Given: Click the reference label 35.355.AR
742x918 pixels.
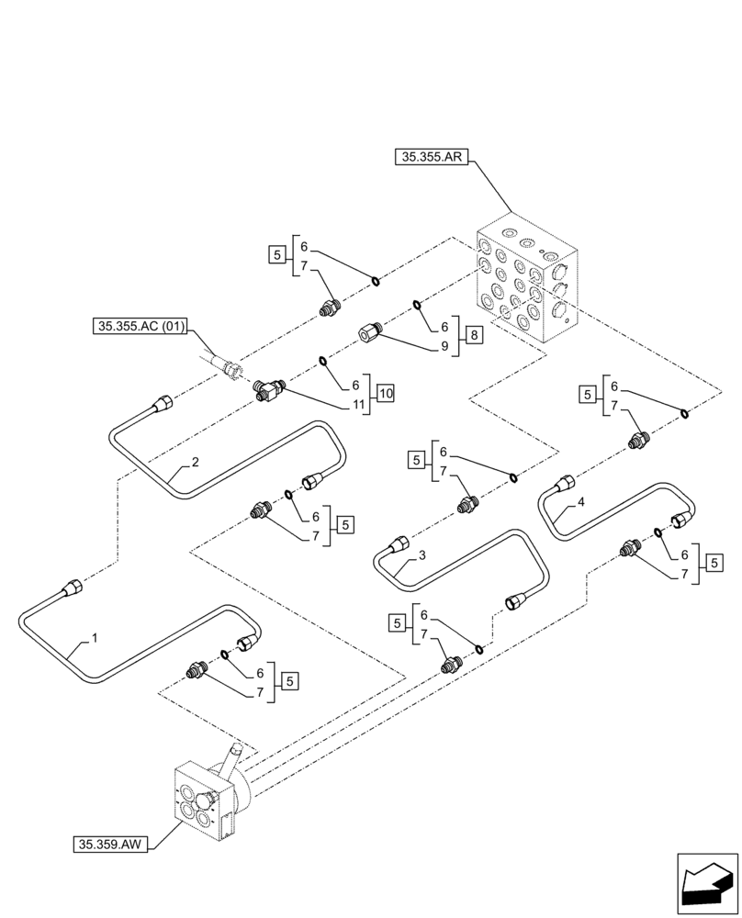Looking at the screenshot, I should [432, 158].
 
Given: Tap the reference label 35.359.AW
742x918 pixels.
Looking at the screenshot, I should [107, 841].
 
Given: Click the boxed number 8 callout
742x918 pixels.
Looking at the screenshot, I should [473, 335].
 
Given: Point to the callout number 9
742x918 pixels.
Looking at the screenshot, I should [444, 346].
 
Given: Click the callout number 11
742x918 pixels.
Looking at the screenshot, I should [355, 403].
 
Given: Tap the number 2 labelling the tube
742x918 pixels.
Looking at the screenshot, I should [195, 463].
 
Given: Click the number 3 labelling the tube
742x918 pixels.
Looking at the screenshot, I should [422, 555].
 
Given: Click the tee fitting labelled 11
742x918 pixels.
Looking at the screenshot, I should [267, 389].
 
